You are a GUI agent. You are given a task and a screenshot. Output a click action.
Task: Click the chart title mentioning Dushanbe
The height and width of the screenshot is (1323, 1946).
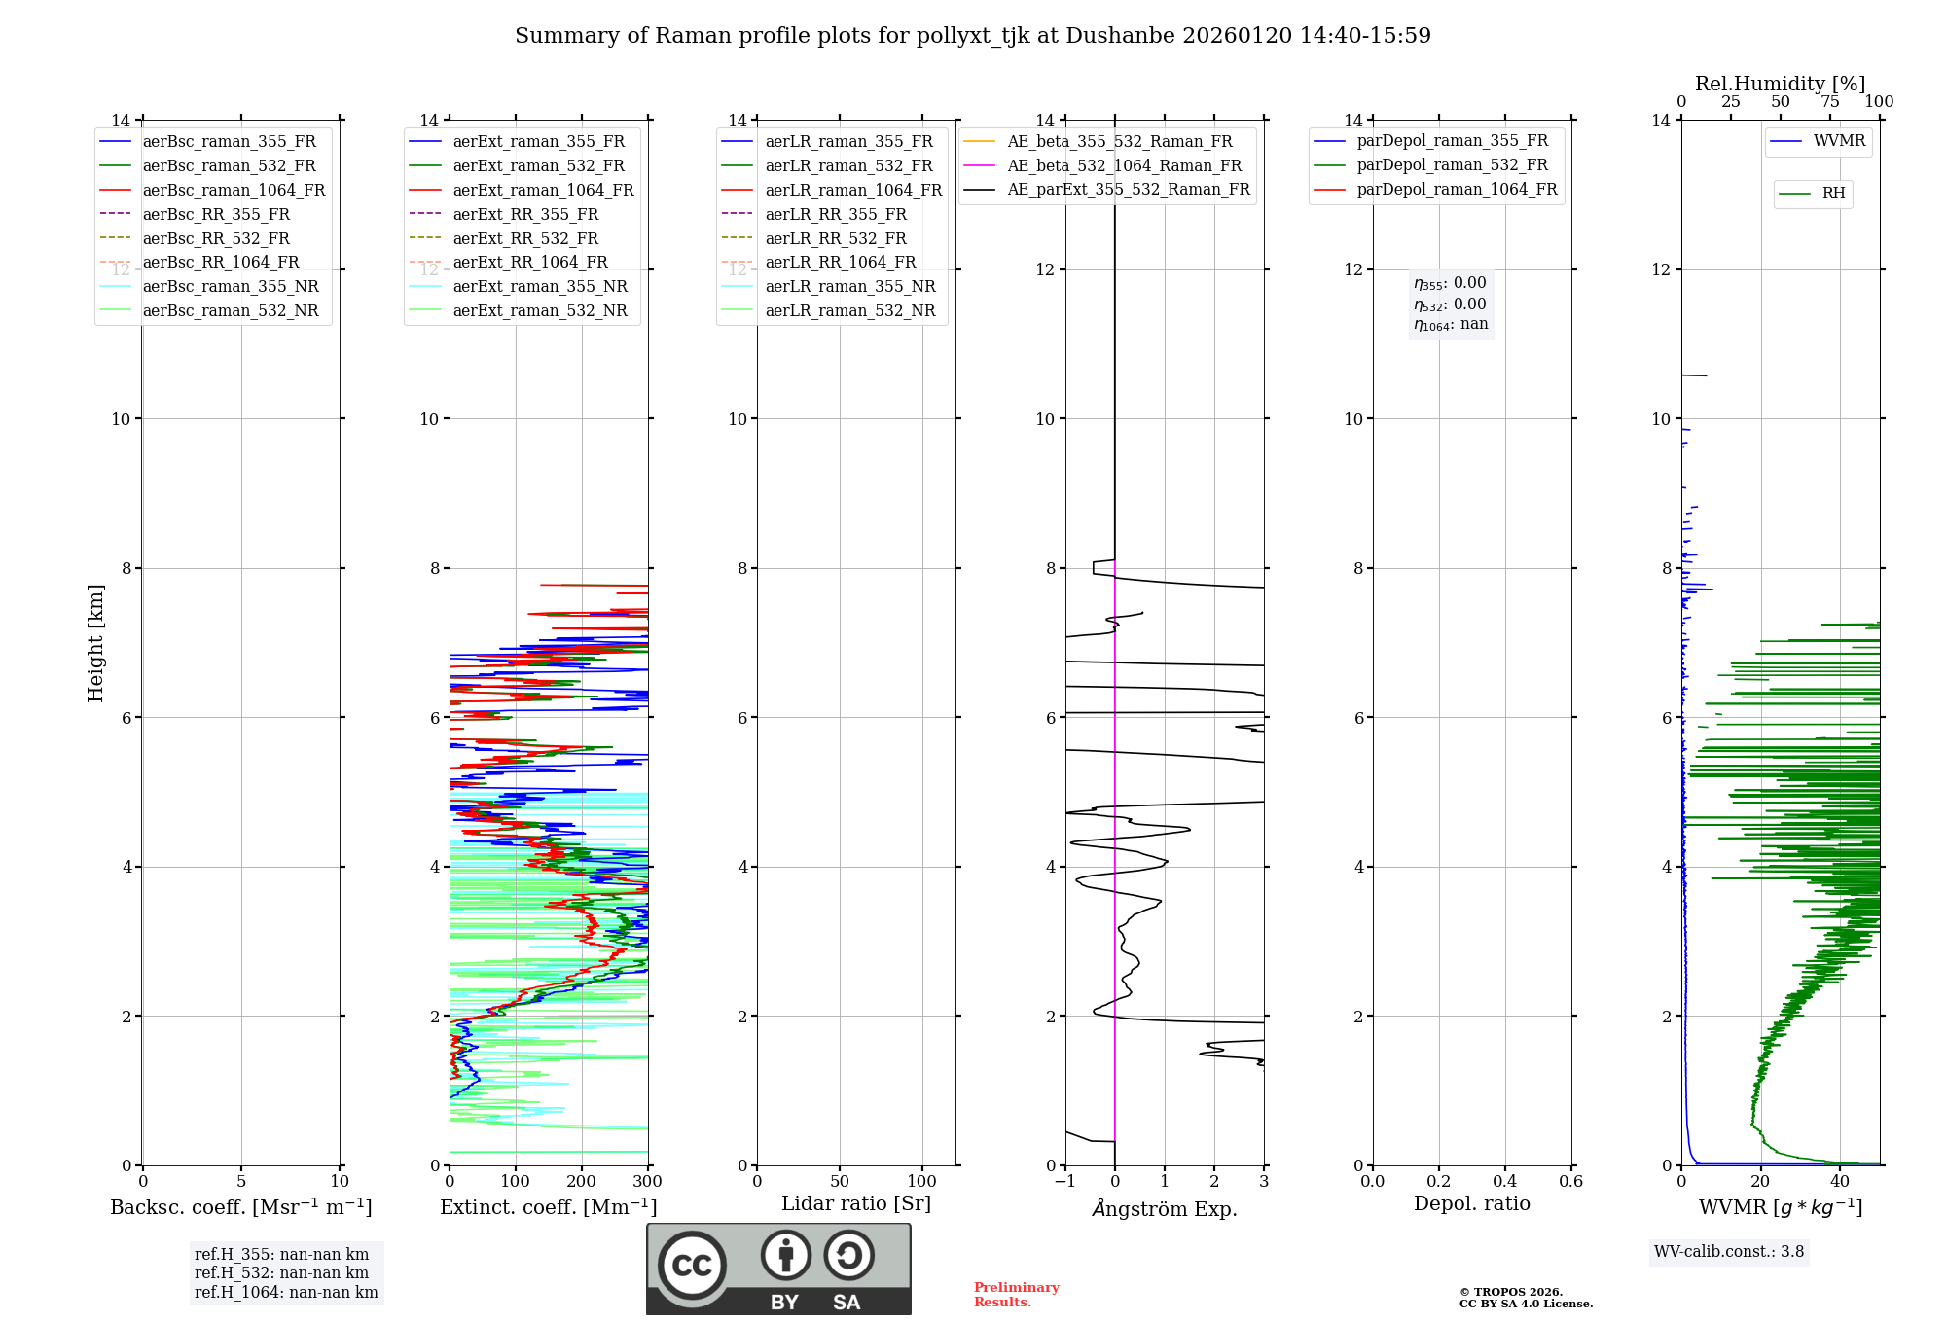tap(973, 36)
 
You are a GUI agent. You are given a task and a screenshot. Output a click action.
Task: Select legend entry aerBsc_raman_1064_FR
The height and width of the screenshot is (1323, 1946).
tap(234, 191)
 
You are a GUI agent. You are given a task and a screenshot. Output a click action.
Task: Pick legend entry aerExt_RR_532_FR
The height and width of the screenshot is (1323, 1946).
tap(525, 238)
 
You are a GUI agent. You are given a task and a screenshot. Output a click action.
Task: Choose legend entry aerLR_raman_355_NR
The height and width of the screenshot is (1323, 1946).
tap(849, 287)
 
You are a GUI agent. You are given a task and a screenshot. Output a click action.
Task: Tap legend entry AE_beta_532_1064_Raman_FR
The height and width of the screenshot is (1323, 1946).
tap(1124, 166)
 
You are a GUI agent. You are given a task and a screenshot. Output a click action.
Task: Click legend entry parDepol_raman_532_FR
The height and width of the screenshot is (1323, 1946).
tap(1452, 165)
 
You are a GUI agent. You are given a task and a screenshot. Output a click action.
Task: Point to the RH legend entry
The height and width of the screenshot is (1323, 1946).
tap(1833, 194)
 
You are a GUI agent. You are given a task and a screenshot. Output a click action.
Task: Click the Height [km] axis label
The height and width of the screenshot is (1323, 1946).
tap(95, 643)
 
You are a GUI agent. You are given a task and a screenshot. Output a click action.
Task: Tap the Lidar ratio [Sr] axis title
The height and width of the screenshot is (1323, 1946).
tap(856, 1204)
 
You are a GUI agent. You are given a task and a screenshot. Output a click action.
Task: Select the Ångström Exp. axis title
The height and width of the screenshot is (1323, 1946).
tap(1165, 1209)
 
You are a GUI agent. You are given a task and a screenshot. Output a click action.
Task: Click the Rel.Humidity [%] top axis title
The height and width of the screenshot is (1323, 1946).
tap(1780, 84)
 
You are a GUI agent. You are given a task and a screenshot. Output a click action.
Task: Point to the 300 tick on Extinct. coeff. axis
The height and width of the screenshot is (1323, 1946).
tap(648, 1182)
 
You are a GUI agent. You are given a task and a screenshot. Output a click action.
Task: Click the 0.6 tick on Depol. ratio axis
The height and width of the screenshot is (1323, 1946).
tap(1571, 1182)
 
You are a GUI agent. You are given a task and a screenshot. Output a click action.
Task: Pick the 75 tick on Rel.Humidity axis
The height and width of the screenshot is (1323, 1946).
tap(1830, 102)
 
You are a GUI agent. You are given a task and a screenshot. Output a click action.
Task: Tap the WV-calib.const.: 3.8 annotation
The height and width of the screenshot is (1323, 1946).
tap(1729, 1252)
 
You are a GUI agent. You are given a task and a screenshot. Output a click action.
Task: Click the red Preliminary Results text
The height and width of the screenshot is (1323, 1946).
tap(1016, 1295)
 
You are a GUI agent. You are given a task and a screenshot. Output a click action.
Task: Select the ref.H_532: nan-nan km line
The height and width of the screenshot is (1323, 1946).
tap(281, 1273)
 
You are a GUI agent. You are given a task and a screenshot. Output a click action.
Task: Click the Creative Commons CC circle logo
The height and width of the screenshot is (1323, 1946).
tap(692, 1266)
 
